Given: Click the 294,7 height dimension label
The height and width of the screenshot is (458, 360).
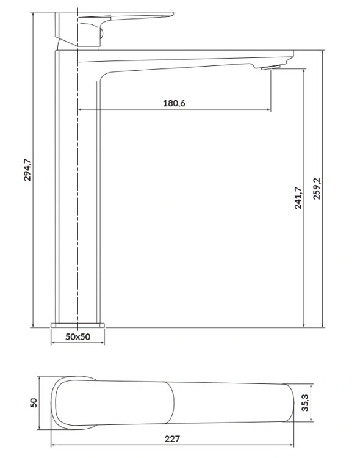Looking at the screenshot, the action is tap(27, 170).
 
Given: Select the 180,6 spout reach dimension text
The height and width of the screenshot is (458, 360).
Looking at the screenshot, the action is tap(174, 103).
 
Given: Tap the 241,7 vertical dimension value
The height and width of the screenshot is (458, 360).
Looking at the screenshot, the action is tap(298, 198).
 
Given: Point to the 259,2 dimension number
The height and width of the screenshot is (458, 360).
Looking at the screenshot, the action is tap(317, 189).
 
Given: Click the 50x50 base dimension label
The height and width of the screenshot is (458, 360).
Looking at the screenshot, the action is tap(77, 336).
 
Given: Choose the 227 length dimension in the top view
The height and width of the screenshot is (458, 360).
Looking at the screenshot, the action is tap(172, 439).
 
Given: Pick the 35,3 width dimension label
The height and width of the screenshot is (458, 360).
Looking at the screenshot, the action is tap(305, 403).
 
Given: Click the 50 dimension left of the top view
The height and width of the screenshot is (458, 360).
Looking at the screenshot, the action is tap(34, 403).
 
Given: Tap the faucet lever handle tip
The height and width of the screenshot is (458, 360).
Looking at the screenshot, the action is tap(173, 13).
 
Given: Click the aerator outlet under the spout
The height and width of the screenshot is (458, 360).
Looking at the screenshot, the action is tap(271, 68).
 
